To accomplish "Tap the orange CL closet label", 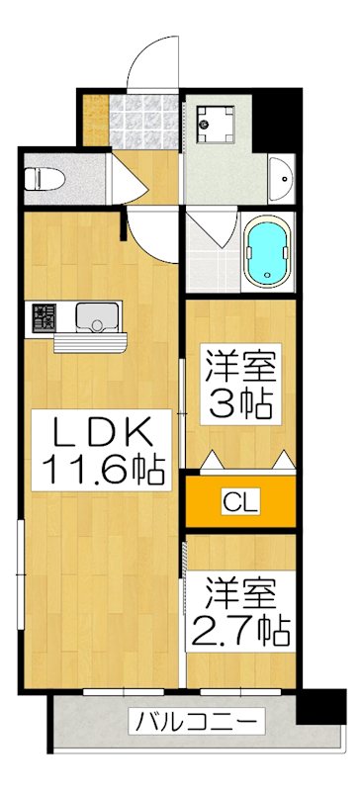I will (x=241, y=503).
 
